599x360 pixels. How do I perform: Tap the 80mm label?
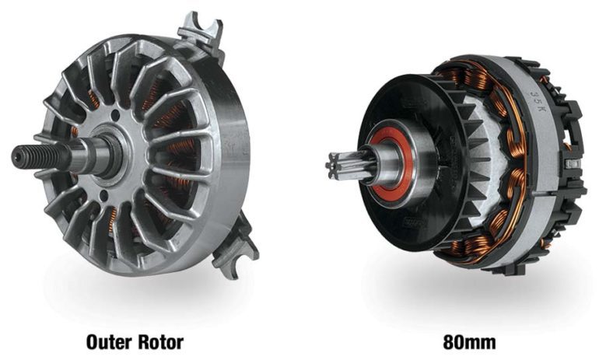pos(470,342)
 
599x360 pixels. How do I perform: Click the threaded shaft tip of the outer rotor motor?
pos(42,155)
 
